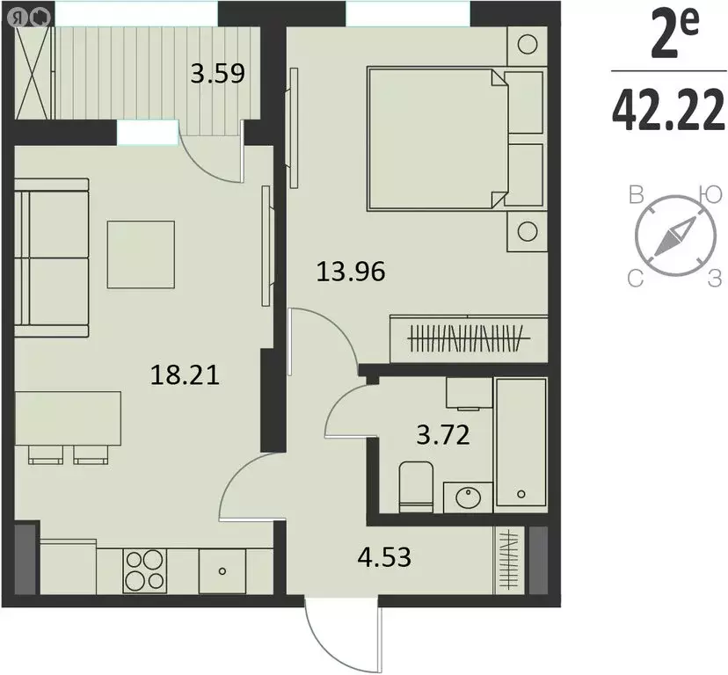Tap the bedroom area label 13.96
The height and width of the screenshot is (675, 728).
[x=351, y=272]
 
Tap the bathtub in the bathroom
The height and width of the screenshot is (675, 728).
[x=521, y=443]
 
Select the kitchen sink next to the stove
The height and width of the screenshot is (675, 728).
[x=222, y=570]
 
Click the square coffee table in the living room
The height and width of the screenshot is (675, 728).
[x=141, y=254]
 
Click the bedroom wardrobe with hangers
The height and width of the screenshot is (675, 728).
[x=469, y=335]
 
